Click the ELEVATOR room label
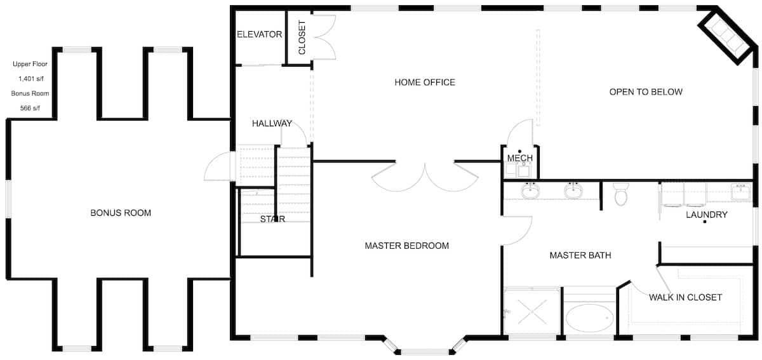click(259, 34)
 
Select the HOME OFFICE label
click(425, 82)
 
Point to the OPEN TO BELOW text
click(646, 91)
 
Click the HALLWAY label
click(272, 123)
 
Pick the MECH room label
click(519, 157)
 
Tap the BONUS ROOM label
click(121, 213)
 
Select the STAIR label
click(272, 219)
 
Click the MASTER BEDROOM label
click(406, 246)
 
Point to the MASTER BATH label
click(580, 255)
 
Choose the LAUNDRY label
click(706, 215)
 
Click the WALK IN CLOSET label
click(685, 297)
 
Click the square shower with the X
click(532, 312)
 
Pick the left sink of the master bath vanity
click(530, 190)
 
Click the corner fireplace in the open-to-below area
click(726, 35)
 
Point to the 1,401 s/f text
click(30, 79)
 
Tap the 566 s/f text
click(30, 108)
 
